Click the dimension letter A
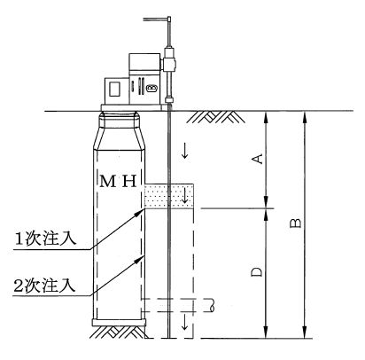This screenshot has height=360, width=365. (x=259, y=159)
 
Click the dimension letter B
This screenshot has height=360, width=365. (x=296, y=223)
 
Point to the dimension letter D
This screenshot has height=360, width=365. (x=257, y=272)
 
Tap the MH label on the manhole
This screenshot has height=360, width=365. (x=118, y=181)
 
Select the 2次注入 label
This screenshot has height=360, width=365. (x=44, y=286)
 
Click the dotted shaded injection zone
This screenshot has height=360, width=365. (x=169, y=196)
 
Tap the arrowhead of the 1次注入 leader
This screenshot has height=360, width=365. (x=142, y=211)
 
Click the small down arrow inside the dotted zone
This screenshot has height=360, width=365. (x=185, y=196)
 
